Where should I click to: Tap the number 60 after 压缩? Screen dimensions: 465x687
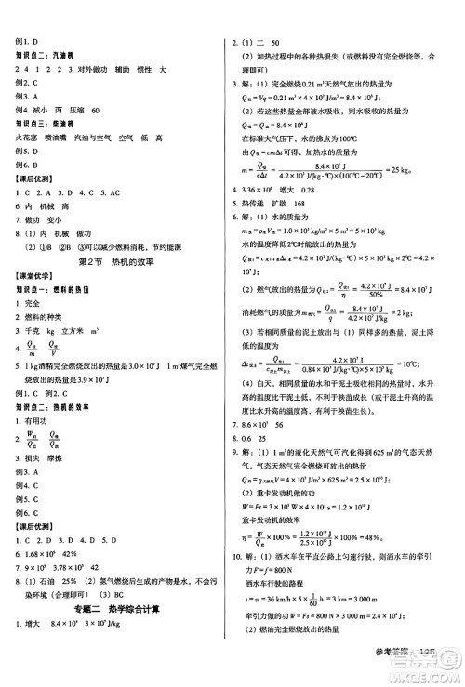96,110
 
